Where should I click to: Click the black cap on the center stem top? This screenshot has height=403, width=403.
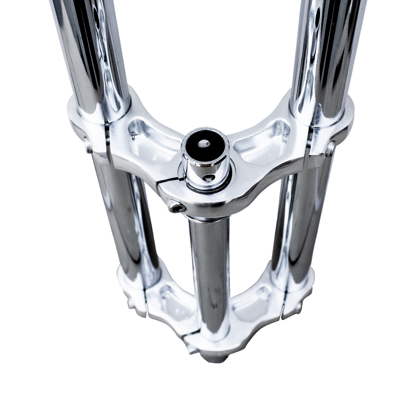point(205,147)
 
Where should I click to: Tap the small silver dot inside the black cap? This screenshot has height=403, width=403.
point(204,144)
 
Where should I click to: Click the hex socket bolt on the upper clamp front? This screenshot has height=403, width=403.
point(175,206)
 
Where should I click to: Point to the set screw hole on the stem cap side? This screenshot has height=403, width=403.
point(209,178)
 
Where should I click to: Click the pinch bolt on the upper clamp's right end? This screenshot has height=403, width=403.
point(330,148)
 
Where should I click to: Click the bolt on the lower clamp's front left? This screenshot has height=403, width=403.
point(191,348)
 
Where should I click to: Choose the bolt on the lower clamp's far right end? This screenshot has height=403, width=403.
point(299,309)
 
